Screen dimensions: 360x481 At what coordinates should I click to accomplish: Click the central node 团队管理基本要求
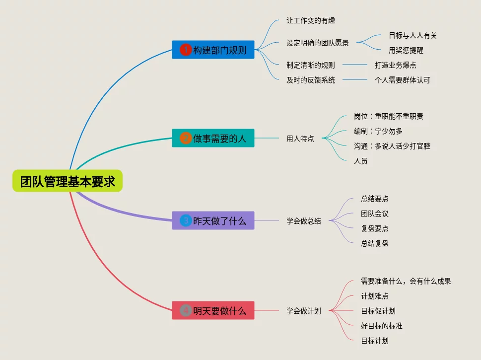click(68, 182)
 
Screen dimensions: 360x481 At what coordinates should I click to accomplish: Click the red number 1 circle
click(185, 50)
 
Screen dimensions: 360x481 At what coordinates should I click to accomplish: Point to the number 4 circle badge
click(185, 311)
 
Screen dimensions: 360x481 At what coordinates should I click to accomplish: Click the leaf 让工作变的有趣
click(311, 21)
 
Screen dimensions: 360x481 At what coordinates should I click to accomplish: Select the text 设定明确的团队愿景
click(318, 43)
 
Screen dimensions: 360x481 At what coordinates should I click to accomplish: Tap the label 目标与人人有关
click(413, 35)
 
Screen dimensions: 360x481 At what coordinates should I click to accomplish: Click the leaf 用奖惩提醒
click(406, 50)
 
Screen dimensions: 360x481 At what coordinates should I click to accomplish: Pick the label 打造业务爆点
click(396, 65)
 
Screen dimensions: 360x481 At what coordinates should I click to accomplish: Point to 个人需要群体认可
click(403, 80)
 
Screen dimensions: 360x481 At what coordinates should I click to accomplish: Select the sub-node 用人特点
click(300, 139)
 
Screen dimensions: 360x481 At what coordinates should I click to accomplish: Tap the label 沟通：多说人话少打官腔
click(392, 146)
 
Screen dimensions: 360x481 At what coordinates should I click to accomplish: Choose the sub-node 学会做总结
click(304, 221)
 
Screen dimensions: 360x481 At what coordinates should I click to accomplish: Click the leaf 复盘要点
click(375, 228)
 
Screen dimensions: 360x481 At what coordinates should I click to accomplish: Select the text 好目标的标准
click(382, 326)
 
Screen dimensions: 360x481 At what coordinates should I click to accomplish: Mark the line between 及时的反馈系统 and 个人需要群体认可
click(354, 80)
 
